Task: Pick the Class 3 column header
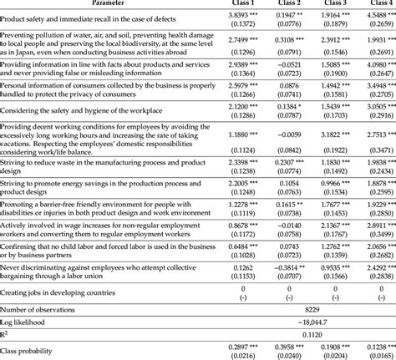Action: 341,3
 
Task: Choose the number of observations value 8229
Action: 310,307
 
